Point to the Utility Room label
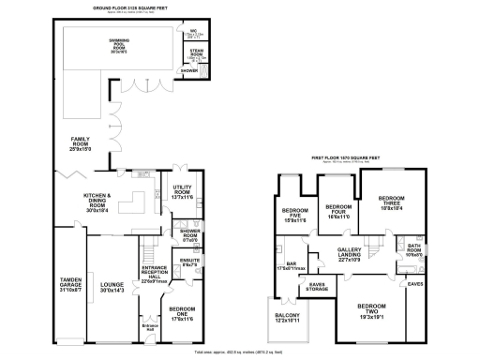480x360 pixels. tap(183, 192)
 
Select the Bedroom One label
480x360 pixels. tap(184, 314)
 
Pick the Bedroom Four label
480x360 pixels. tap(337, 213)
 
